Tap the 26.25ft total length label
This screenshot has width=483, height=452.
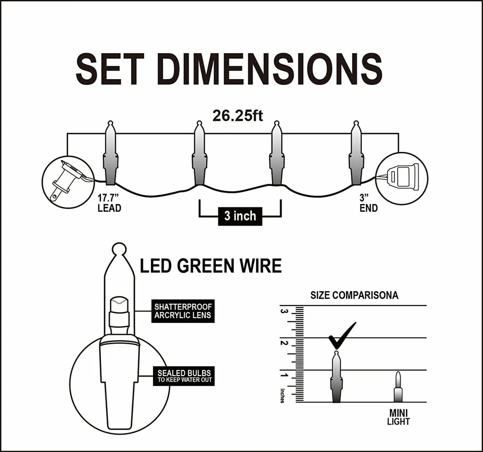[237, 116]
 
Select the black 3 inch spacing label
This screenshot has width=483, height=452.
[240, 216]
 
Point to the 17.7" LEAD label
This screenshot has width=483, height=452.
[109, 204]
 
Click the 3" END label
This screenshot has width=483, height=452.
[369, 204]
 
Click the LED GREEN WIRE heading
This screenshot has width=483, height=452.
[211, 266]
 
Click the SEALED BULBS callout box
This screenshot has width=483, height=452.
[183, 377]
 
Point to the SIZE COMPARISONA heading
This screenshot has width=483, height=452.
[354, 296]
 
